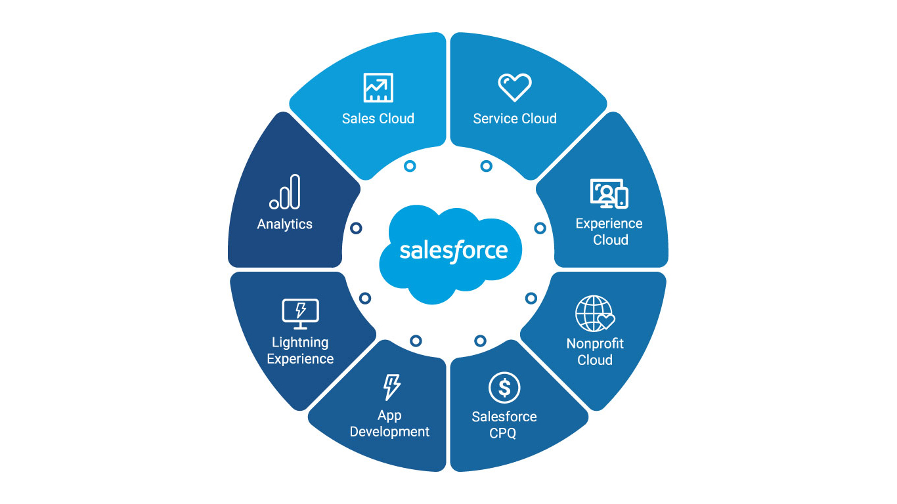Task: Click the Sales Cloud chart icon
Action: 378,88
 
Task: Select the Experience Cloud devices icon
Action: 609,194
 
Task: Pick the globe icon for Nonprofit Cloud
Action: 595,314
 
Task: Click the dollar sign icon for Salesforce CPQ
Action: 504,388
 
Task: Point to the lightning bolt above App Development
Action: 391,387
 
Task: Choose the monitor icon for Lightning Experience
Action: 300,314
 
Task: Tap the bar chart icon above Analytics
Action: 285,192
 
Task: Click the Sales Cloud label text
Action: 378,119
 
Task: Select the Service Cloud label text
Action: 515,119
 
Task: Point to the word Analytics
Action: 285,224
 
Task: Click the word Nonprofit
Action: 595,343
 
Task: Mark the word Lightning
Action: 300,343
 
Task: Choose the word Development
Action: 389,432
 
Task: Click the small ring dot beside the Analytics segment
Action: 356,228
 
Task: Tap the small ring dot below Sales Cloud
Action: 410,167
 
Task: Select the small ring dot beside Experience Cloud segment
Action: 540,228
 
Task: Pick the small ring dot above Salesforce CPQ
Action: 481,341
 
